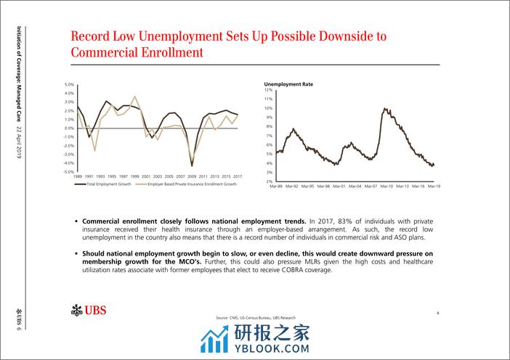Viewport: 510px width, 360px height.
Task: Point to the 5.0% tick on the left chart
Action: [x=70, y=84]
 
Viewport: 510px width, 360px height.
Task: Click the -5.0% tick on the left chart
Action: [x=69, y=172]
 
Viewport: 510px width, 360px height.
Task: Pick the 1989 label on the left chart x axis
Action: [x=79, y=177]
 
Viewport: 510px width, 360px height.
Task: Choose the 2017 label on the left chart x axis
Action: [x=238, y=177]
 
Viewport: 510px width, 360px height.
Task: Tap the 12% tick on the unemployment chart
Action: [x=267, y=89]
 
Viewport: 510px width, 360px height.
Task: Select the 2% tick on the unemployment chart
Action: [x=268, y=181]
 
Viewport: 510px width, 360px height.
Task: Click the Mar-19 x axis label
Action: [x=434, y=187]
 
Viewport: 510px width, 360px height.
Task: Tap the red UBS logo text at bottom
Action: [x=94, y=311]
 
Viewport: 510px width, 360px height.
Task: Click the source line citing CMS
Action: [x=256, y=318]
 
